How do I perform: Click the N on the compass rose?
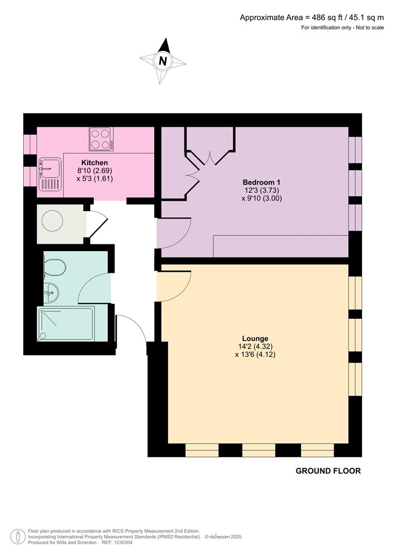tap(163, 61)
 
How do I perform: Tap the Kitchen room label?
tap(94, 163)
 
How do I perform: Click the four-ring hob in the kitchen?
tap(102, 139)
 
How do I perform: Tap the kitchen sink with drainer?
tap(50, 174)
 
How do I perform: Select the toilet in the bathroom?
tap(54, 268)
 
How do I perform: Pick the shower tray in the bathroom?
tap(65, 324)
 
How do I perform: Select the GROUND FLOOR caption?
tap(328, 471)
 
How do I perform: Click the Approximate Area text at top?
tap(311, 18)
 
